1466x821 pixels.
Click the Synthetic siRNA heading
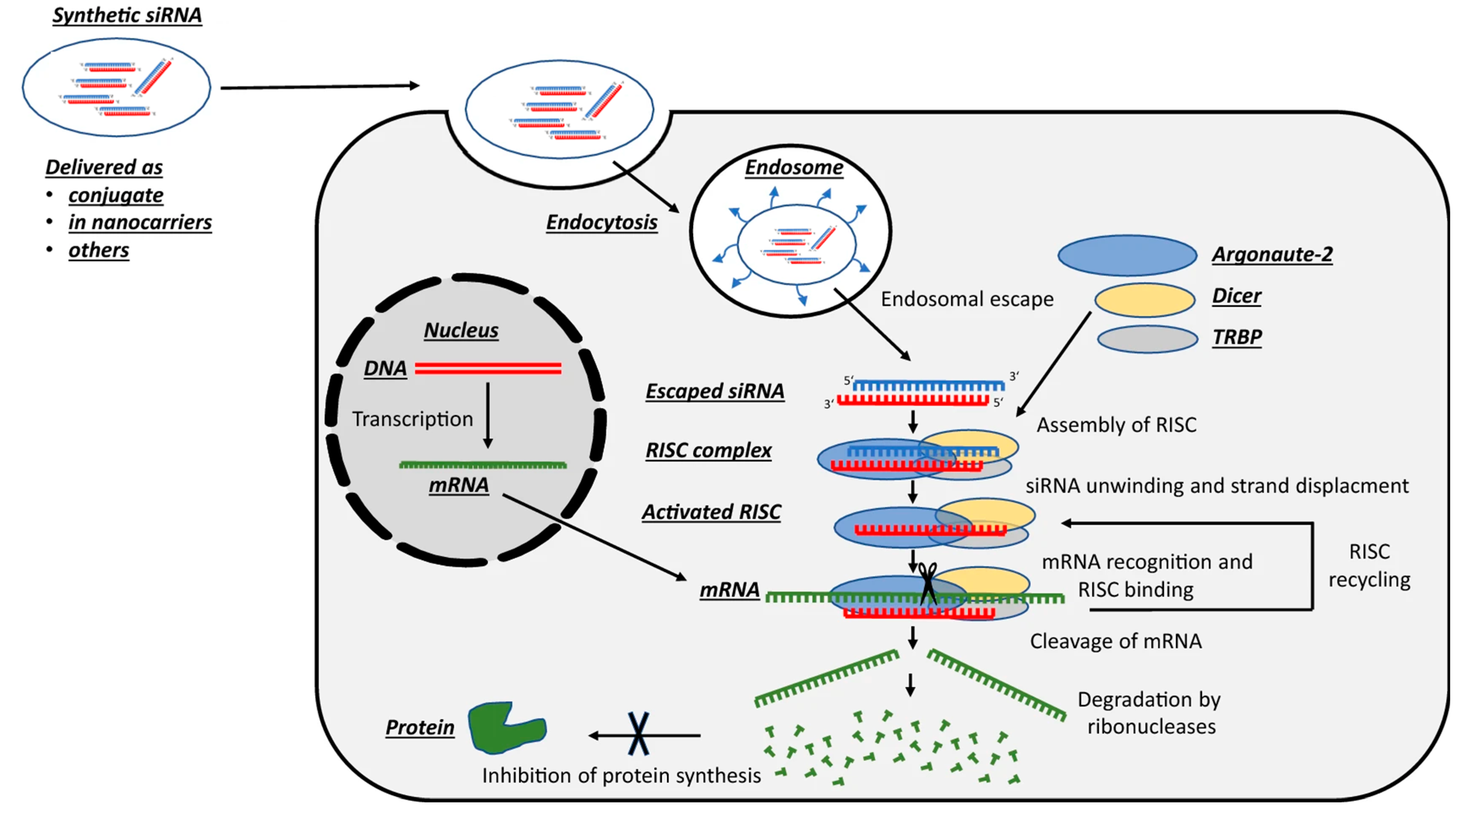pos(127,15)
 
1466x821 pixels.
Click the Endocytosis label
pos(602,223)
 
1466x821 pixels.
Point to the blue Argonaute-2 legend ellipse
pos(1127,255)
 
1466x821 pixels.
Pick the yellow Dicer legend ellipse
pos(1144,300)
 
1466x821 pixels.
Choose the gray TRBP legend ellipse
pos(1147,339)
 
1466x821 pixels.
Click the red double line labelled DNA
pos(488,368)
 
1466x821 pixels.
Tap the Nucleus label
pos(461,330)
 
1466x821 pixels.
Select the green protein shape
pos(503,728)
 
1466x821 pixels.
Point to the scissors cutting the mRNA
pos(928,583)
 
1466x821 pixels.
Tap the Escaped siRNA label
pos(715,391)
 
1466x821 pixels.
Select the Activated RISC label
pos(712,512)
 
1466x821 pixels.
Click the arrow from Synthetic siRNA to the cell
pos(319,87)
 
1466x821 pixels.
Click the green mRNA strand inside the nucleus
pos(483,465)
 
